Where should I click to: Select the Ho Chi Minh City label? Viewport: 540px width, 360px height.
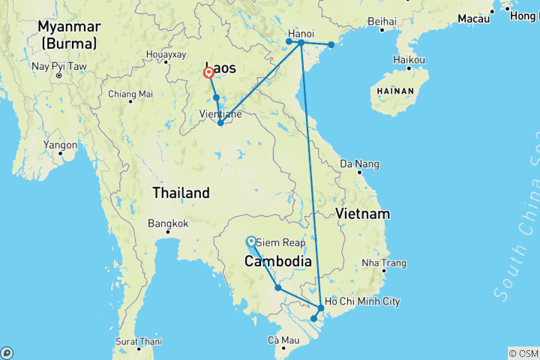click(x=362, y=301)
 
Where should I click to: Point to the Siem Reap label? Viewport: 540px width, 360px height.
click(x=278, y=243)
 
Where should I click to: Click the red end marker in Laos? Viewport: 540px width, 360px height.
click(x=209, y=73)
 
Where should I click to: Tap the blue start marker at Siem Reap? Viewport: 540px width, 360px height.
click(x=250, y=241)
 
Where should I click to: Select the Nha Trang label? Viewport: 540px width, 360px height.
click(x=384, y=263)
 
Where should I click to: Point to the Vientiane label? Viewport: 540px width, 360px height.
click(x=220, y=114)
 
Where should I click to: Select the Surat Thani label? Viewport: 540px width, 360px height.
click(x=138, y=341)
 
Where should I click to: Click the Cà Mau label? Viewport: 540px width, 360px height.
click(x=284, y=340)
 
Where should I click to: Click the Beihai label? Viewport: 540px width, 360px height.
click(x=382, y=21)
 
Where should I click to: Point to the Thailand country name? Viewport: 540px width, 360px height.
click(x=181, y=193)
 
